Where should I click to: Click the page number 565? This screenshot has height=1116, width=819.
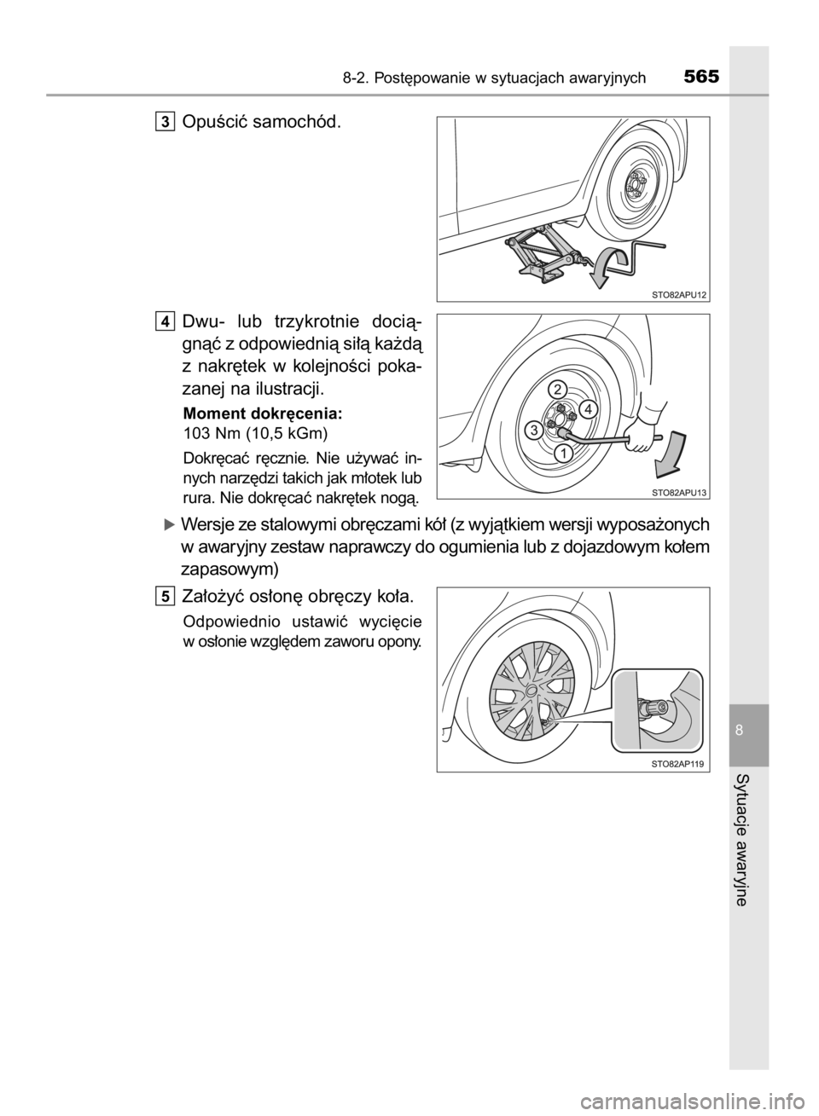point(702,77)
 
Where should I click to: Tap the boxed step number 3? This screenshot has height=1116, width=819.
point(164,121)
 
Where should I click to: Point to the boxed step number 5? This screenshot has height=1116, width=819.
point(164,595)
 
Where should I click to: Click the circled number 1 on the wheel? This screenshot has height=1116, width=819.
point(564,454)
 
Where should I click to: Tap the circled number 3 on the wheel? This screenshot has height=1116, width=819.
point(533,430)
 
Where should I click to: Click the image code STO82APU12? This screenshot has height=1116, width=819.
point(679,295)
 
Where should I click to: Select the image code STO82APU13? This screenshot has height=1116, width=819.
point(679,493)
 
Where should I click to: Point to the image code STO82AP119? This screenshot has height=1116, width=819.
point(680,766)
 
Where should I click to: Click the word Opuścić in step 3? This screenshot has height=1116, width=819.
point(215,121)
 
